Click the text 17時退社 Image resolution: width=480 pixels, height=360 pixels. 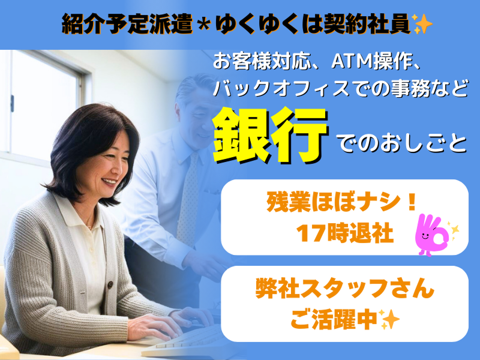click(x=344, y=233)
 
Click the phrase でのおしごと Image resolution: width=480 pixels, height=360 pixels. click(x=402, y=144)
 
